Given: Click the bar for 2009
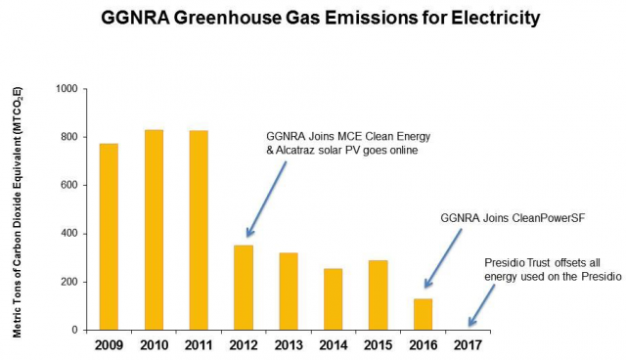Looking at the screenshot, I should [109, 237].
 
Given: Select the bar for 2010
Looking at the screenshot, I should [153, 230].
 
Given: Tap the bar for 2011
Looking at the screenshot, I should [198, 230].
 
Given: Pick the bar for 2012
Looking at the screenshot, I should [243, 288].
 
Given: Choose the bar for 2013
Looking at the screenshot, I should [288, 292].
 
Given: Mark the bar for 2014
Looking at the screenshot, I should [333, 299].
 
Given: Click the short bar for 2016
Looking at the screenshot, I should [423, 314].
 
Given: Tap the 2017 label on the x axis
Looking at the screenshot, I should [467, 345].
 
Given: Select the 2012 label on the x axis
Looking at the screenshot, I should [243, 345].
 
